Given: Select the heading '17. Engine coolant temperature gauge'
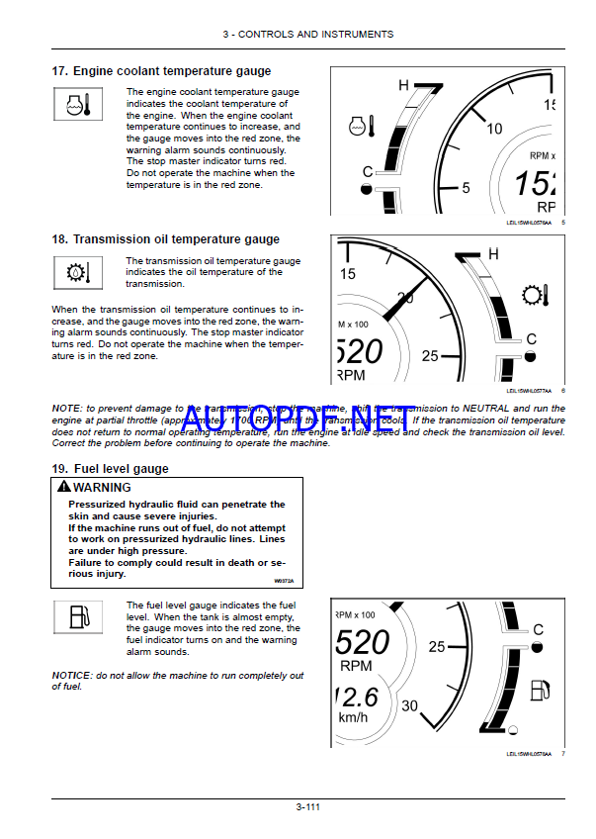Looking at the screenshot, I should [161, 71].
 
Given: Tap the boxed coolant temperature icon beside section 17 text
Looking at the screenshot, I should [75, 103].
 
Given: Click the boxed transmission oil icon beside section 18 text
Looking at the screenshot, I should [75, 272].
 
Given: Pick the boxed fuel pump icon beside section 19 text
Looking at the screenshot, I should [75, 617].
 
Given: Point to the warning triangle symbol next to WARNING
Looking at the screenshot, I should [63, 487].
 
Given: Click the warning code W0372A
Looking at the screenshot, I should [284, 581].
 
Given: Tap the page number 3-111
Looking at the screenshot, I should [307, 806].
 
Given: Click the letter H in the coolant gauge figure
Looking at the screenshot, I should [403, 85].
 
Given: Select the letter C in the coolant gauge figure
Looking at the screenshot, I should [368, 171].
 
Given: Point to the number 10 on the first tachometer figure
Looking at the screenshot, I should [495, 128].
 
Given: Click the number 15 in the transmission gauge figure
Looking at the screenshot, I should [348, 274].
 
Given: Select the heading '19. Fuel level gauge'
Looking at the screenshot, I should [110, 468].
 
